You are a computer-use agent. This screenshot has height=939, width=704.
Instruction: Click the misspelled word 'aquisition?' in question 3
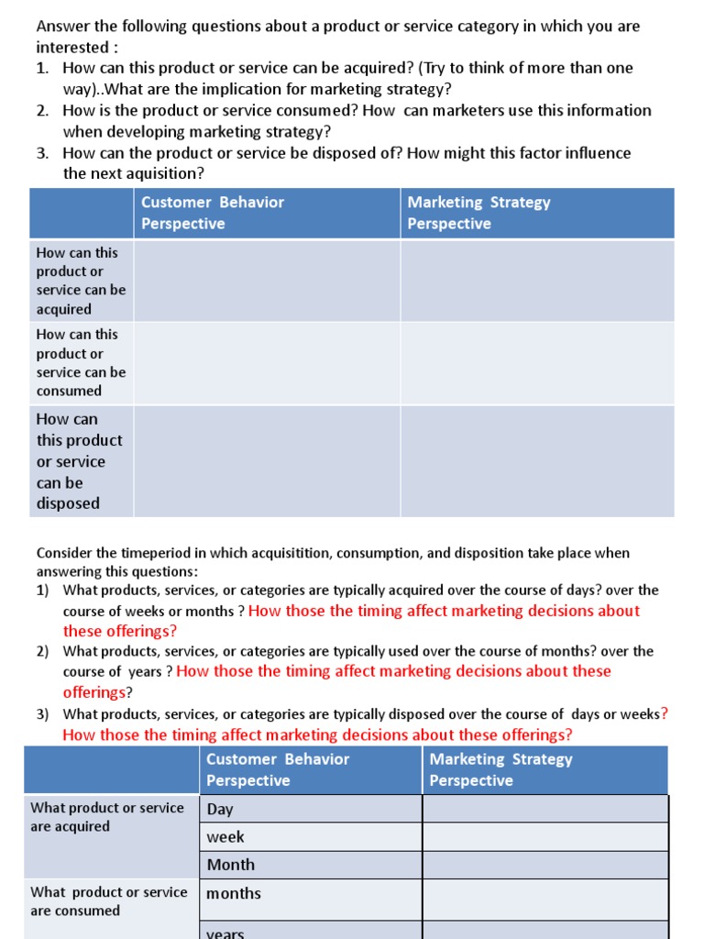coord(164,174)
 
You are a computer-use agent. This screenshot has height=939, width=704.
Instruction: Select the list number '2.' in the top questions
coord(43,110)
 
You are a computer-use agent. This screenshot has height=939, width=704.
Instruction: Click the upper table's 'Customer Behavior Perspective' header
coord(213,213)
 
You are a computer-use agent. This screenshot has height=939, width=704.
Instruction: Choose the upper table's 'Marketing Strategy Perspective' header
coord(478,213)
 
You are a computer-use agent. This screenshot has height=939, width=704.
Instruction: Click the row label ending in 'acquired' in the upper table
coord(81,281)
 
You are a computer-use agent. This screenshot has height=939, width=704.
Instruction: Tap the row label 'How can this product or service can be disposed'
coord(79,461)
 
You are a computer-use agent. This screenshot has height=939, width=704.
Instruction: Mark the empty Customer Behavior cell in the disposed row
coord(267,461)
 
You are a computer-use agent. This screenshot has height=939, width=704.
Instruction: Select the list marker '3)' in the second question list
coord(43,714)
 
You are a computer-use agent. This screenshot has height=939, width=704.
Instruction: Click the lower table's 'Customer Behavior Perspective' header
coord(278,770)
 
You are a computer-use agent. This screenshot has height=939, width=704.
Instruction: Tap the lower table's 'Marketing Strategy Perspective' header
coord(500,770)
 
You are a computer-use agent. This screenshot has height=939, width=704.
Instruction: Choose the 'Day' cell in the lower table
coord(220,809)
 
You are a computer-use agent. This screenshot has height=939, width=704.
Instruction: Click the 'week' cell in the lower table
coord(225,836)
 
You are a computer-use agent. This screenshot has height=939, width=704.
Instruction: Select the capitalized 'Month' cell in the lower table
coord(231,864)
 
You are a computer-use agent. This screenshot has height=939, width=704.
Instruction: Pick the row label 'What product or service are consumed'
coord(108,901)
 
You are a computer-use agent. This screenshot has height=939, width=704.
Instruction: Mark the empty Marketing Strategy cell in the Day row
coord(544,809)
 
